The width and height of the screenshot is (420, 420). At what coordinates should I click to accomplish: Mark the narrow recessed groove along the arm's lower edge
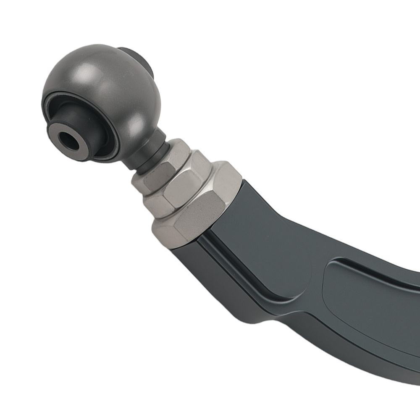(252, 286)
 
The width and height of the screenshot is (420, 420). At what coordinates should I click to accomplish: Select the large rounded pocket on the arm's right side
(370, 307)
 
